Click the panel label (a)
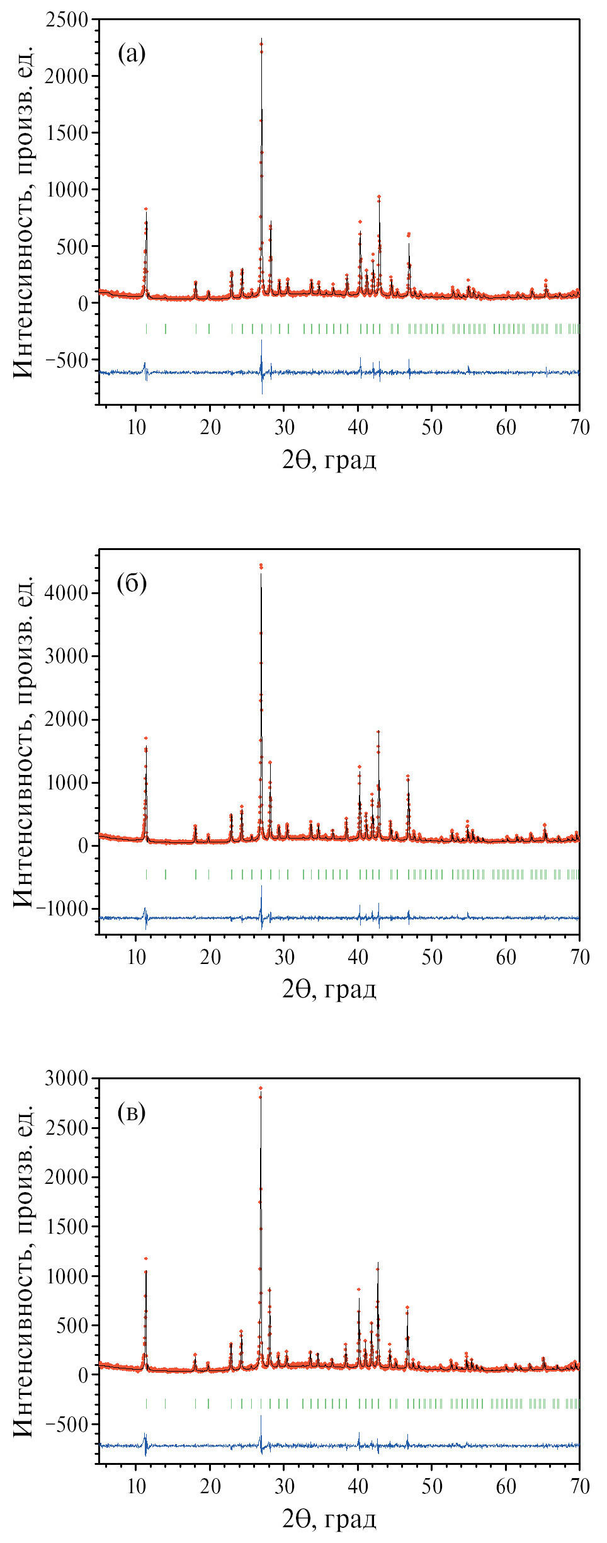[132, 54]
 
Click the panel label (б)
[132, 583]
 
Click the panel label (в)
[132, 1113]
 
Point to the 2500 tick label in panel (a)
[66, 20]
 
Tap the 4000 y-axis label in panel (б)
[66, 593]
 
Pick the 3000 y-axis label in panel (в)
[66, 1078]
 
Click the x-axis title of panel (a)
[329, 459]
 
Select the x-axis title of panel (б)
[329, 989]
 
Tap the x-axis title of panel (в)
[329, 1518]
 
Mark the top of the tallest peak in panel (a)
[261, 39]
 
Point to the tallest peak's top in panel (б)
[261, 566]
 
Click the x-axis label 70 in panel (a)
[579, 428]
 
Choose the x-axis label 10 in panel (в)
[136, 1487]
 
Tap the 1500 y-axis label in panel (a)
[66, 133]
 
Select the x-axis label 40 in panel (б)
[358, 958]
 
